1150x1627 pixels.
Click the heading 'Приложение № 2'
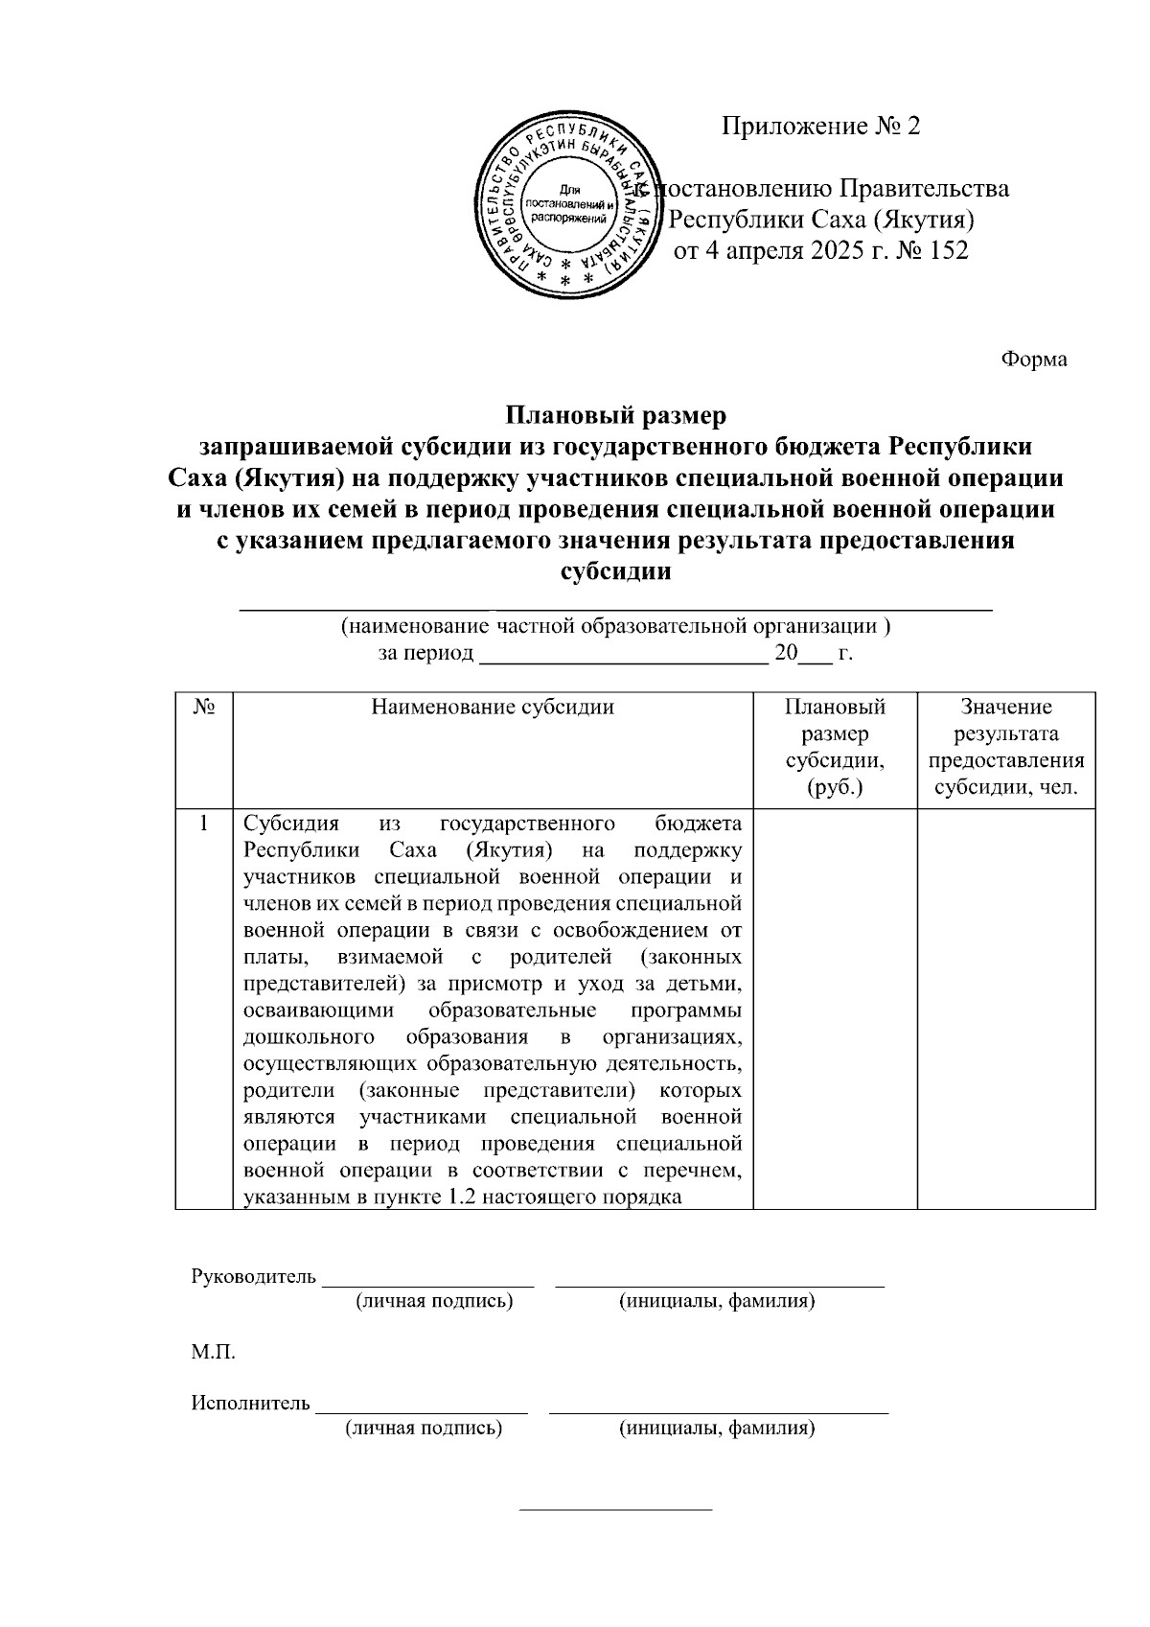click(x=820, y=127)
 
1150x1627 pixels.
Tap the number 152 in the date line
click(x=947, y=251)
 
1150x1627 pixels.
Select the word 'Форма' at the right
click(x=1034, y=360)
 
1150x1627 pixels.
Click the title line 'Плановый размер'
click(x=615, y=416)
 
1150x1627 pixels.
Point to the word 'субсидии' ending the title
click(x=615, y=571)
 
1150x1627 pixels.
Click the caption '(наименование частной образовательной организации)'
click(x=615, y=627)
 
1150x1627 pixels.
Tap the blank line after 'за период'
click(x=622, y=657)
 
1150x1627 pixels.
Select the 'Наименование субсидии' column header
click(x=493, y=708)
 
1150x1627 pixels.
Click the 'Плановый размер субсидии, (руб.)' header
click(x=835, y=748)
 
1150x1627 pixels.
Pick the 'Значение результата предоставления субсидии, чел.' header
click(x=1006, y=748)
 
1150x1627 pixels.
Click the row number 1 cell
click(x=203, y=824)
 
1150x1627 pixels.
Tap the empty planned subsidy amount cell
click(x=835, y=1007)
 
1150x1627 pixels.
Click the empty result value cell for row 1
click(x=1006, y=1007)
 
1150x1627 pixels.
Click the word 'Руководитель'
click(x=253, y=1276)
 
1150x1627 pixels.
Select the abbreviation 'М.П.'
click(x=213, y=1353)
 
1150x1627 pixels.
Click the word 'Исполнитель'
click(x=250, y=1404)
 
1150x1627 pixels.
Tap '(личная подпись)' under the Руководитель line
click(x=434, y=1301)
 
